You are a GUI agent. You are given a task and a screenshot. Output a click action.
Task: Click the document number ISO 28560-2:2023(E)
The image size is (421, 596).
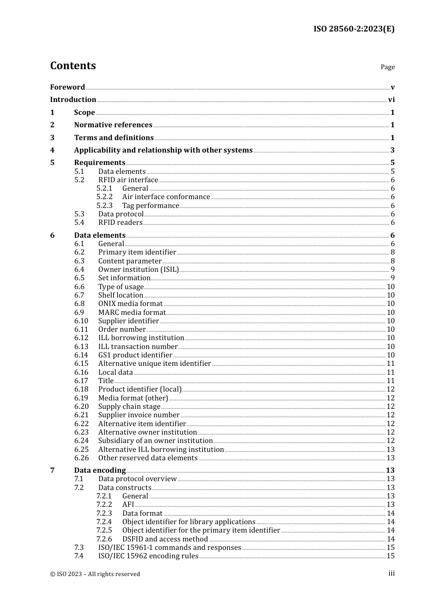[x=354, y=29]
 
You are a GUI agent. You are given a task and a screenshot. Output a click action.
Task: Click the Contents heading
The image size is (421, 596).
[x=73, y=66]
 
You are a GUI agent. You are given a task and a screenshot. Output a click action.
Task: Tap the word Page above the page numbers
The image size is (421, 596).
[x=387, y=67]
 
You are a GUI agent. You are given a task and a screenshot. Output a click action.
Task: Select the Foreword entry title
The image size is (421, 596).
[x=67, y=87]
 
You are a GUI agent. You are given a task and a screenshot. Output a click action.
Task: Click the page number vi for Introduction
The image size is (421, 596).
[x=391, y=100]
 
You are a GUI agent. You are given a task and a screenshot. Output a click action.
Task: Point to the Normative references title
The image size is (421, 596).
[x=113, y=125]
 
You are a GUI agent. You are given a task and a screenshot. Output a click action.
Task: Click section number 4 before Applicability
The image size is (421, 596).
[x=52, y=150]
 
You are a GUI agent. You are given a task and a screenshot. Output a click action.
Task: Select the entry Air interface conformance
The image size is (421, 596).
[x=166, y=197]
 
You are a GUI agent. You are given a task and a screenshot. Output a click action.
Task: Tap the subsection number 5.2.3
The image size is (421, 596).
[x=105, y=206]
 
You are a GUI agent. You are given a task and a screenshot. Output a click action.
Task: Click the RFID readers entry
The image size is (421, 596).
[x=120, y=223]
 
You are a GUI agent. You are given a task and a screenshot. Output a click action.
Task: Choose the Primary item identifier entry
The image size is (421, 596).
[x=137, y=252]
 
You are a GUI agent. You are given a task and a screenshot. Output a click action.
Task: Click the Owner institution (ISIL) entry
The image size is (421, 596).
[x=138, y=270]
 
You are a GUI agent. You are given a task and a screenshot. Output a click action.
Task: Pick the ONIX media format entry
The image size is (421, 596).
[x=130, y=304]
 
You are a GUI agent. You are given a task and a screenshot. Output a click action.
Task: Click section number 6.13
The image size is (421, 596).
[x=81, y=347]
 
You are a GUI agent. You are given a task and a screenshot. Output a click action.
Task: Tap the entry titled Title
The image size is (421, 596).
[x=106, y=381]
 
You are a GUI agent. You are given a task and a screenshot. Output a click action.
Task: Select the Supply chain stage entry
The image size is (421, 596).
[x=129, y=407]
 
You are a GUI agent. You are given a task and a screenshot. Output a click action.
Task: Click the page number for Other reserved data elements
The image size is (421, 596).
[x=390, y=458]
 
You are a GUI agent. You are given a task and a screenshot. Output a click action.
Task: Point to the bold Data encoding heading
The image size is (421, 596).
[x=100, y=471]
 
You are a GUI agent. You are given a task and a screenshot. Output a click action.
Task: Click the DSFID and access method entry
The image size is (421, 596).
[x=165, y=539]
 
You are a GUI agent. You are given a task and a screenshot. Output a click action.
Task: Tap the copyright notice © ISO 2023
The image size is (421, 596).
[x=95, y=574]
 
